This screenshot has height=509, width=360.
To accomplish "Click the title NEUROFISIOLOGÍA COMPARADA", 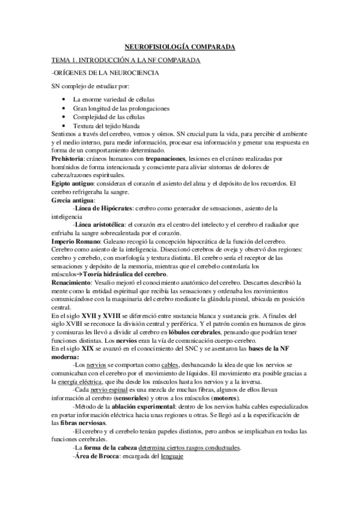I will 180,46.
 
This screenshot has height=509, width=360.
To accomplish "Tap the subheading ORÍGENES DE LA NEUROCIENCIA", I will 105,73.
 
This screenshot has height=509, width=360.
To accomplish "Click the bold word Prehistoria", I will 68,158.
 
